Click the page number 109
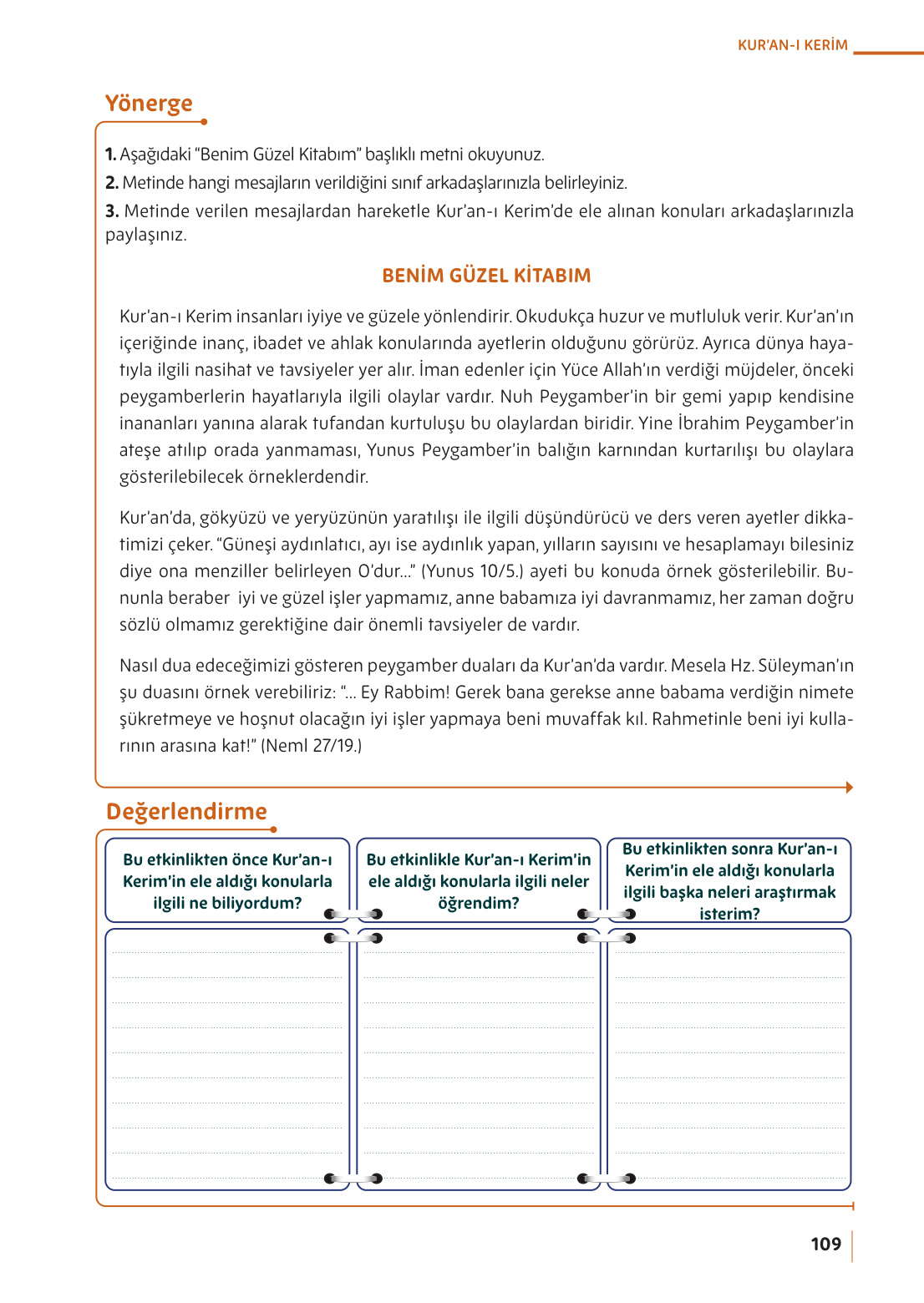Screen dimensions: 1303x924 [x=825, y=1244]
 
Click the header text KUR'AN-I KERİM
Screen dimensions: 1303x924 [x=792, y=45]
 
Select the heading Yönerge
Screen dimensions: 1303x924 [x=149, y=104]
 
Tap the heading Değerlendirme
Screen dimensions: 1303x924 [x=186, y=811]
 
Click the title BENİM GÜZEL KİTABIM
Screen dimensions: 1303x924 [x=486, y=276]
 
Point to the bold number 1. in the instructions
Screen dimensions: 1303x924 [x=110, y=155]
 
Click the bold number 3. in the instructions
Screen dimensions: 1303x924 [x=112, y=211]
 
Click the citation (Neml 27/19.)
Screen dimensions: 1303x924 [x=312, y=746]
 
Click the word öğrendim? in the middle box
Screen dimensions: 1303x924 [x=479, y=903]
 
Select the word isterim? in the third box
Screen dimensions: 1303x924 [x=729, y=914]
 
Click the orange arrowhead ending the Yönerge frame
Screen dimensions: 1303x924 [x=849, y=787]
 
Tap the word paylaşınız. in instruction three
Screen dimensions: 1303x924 [x=146, y=235]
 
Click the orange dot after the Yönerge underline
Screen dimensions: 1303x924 [x=204, y=122]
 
